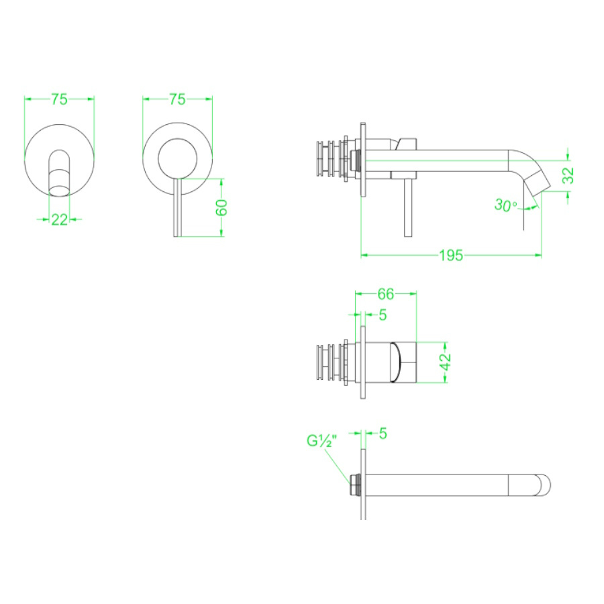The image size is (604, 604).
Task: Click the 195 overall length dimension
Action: [x=451, y=256]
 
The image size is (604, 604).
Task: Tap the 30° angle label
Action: [x=505, y=205]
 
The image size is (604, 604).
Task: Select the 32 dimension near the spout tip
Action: [x=568, y=175]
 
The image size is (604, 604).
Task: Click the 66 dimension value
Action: [x=385, y=294]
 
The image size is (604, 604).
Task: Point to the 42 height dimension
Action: [x=445, y=360]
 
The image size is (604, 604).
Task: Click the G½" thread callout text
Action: [x=322, y=441]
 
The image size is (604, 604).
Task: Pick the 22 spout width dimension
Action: [x=59, y=219]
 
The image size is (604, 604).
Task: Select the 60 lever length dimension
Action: [x=222, y=207]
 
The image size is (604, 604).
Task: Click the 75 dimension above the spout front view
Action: [x=59, y=99]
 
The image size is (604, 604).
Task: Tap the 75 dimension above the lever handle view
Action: [x=177, y=99]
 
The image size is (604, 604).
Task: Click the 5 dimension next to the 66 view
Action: [x=383, y=314]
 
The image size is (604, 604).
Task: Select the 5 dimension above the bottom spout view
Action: [x=383, y=434]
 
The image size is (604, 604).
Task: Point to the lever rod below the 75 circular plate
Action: [x=177, y=208]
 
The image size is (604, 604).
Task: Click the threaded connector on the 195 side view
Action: [x=329, y=160]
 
